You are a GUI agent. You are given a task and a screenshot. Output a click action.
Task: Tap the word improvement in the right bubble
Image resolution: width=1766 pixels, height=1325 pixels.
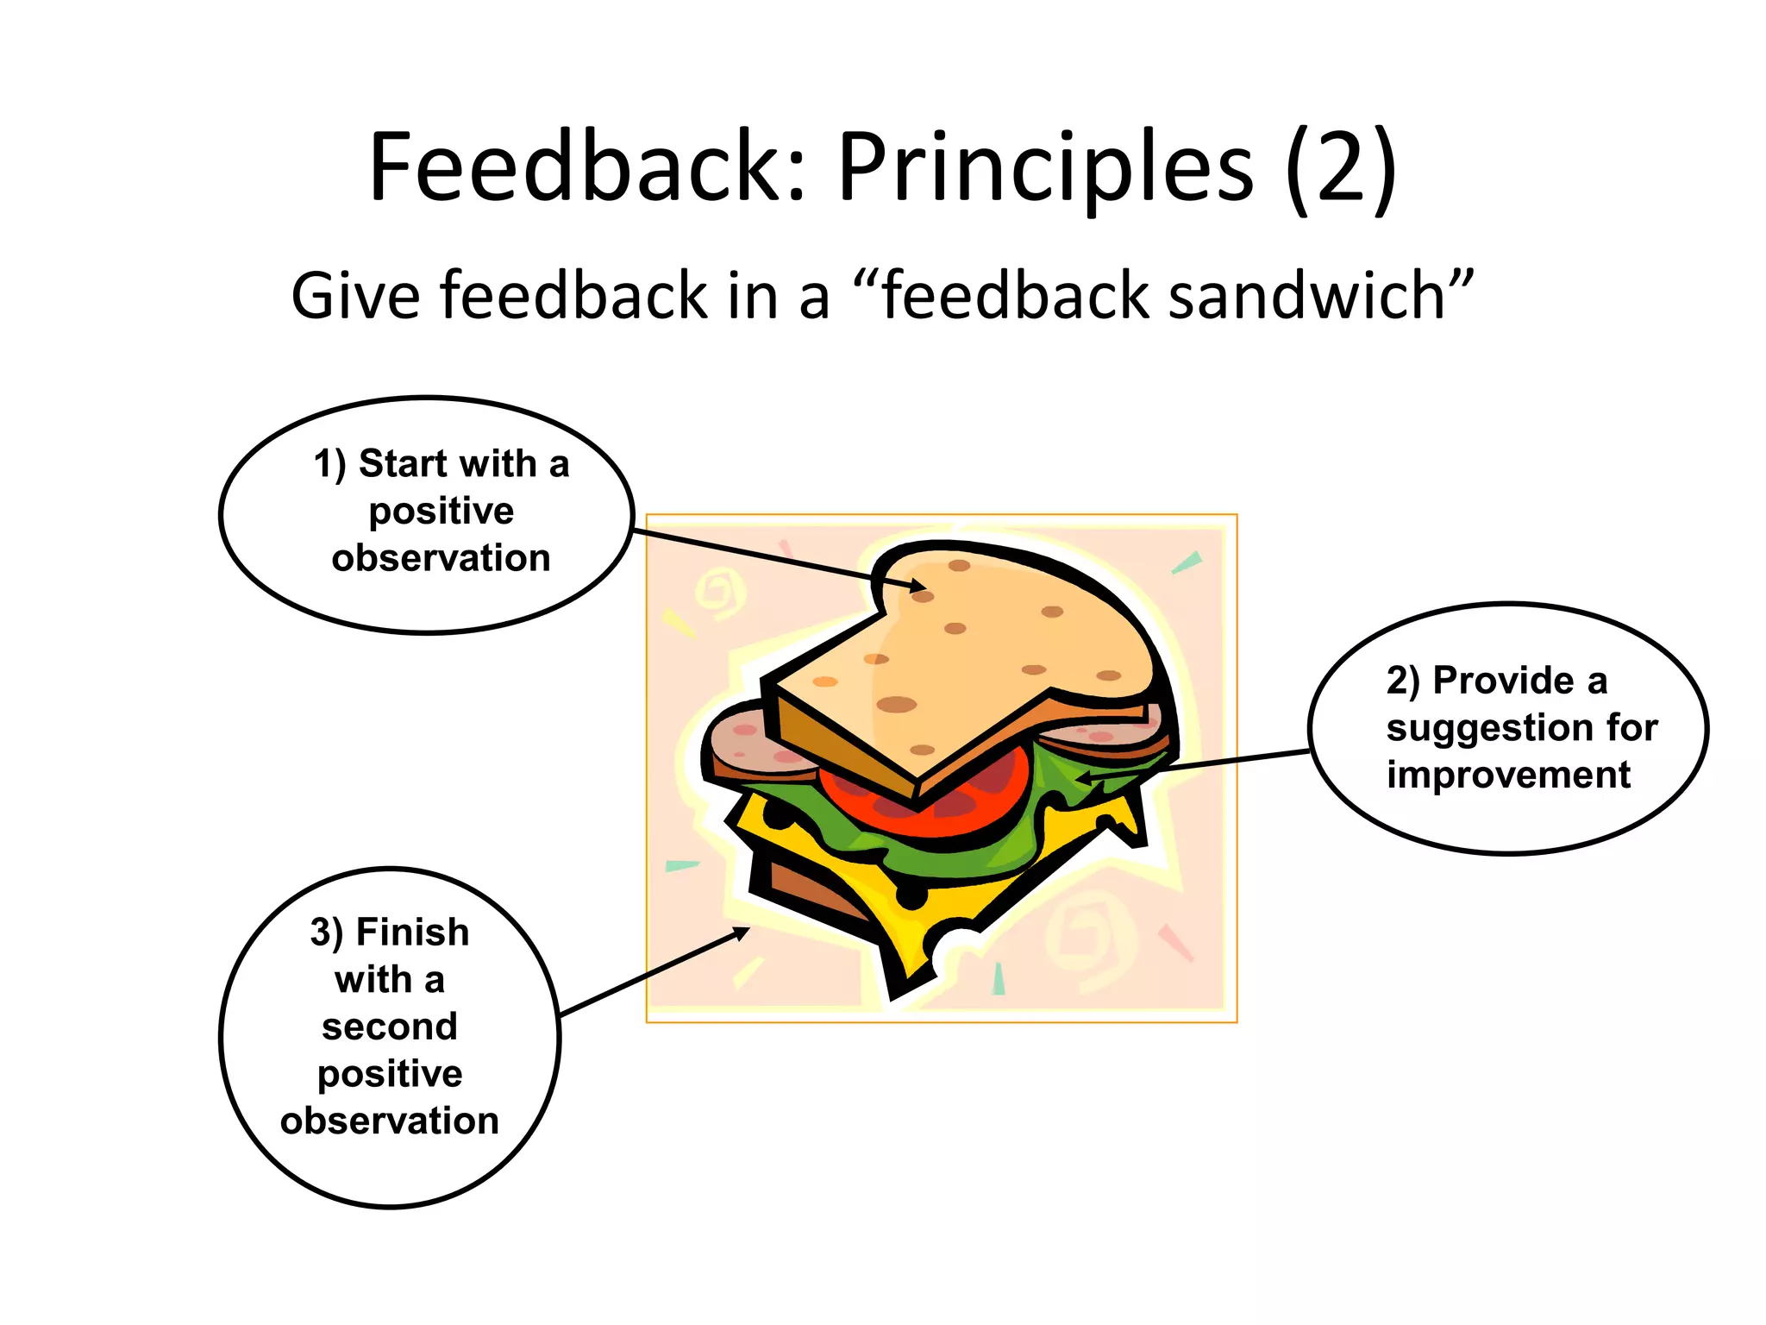click(1508, 775)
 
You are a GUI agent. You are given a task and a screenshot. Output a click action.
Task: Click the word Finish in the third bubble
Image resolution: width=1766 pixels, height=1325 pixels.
click(412, 933)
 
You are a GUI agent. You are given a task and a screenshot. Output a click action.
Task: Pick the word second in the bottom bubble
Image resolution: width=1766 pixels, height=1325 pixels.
click(390, 1027)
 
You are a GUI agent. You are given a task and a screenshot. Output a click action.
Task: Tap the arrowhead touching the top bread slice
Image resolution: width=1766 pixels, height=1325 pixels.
click(916, 587)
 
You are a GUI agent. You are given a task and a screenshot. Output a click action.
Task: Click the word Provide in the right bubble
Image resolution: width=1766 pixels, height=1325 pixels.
click(1503, 681)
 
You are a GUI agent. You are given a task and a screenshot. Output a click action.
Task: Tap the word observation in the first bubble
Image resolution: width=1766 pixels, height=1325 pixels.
click(441, 558)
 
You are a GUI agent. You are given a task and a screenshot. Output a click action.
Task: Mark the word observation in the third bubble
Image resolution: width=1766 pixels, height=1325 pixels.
click(390, 1121)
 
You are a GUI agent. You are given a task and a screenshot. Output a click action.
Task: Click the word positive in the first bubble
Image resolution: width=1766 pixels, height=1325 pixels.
click(441, 512)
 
